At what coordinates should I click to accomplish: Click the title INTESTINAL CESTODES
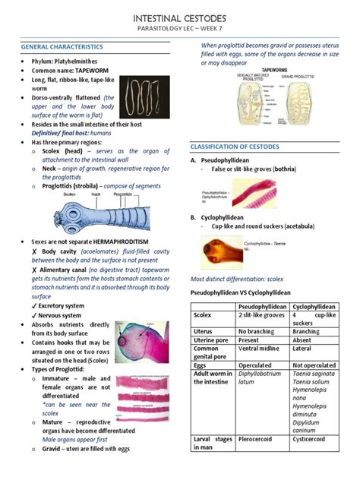(179, 16)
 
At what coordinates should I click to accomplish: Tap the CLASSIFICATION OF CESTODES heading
(235, 147)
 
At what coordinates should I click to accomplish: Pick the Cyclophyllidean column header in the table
(315, 305)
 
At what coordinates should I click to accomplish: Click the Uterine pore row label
(212, 339)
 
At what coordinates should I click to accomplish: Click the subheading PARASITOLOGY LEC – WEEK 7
(179, 28)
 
